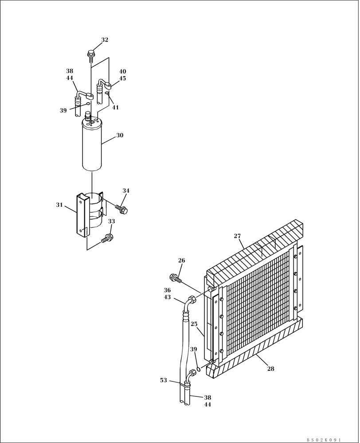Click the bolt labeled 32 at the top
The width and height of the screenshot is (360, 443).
[91, 55]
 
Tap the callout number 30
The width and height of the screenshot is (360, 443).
[120, 136]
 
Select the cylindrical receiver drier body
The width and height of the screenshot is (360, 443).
[92, 146]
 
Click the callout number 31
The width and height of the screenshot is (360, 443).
[59, 205]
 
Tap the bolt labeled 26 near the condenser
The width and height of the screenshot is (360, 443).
[175, 278]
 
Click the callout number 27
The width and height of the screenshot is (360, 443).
[238, 236]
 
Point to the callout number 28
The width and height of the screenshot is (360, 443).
[270, 369]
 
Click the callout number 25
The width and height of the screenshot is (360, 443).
[194, 324]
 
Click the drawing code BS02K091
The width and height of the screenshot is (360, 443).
[323, 439]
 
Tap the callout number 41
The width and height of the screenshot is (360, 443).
[115, 107]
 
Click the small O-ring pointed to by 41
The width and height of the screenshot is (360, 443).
[107, 93]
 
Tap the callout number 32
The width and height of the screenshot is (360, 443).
[105, 40]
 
